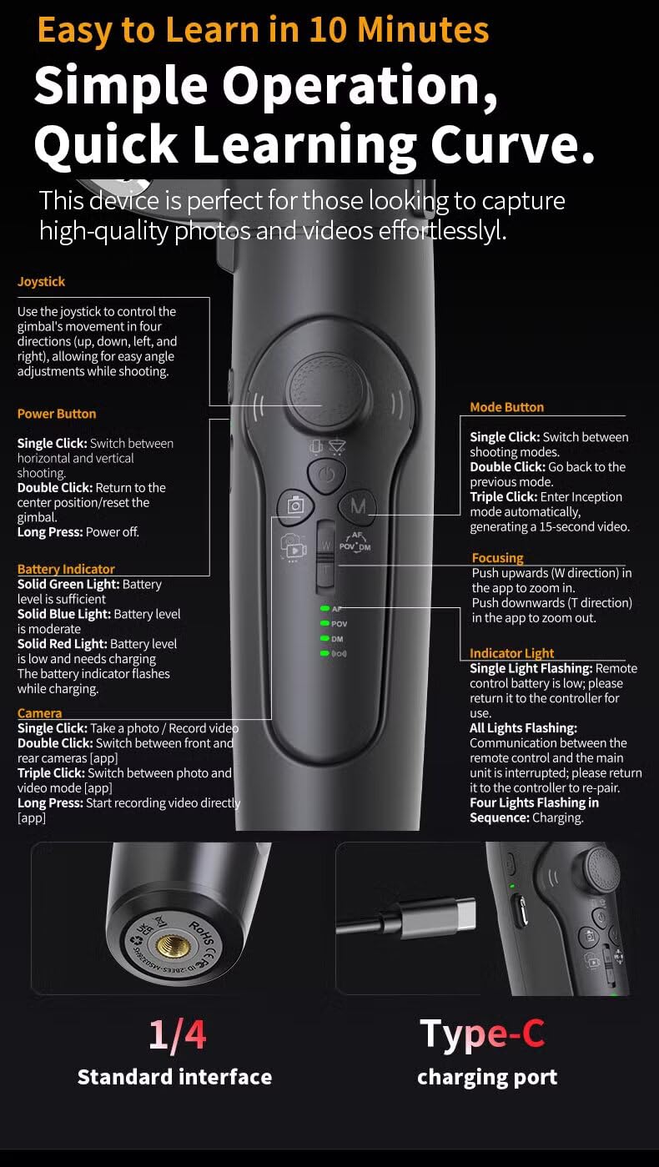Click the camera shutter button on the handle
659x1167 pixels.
(x=295, y=505)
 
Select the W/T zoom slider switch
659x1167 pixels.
(x=325, y=556)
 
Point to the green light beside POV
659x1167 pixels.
(x=324, y=624)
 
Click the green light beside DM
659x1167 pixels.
(x=324, y=639)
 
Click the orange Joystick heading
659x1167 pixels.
(x=41, y=282)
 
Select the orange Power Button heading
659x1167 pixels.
(x=57, y=414)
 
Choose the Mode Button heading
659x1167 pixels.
(x=507, y=407)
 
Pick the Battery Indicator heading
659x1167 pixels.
(x=66, y=569)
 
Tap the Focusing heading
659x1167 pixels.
(x=497, y=558)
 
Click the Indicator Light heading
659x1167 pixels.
(x=511, y=653)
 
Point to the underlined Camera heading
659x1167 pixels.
(x=39, y=713)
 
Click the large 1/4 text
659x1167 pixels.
(x=178, y=1034)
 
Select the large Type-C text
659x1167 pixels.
(x=482, y=1034)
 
